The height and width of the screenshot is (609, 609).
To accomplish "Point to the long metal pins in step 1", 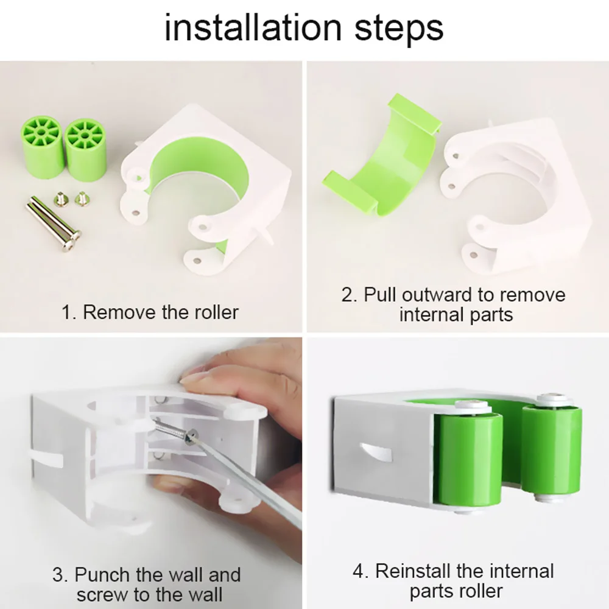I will (52, 225).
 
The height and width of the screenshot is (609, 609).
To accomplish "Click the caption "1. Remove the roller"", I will (150, 312).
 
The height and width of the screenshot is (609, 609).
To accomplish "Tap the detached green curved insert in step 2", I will (381, 158).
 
